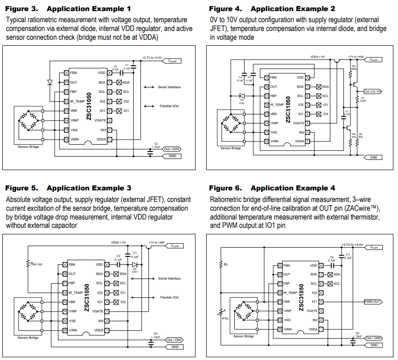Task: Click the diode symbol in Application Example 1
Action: tap(50, 82)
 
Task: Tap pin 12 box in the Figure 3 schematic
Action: tap(67, 101)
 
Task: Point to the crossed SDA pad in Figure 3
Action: tap(119, 82)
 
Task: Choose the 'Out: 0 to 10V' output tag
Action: tap(373, 92)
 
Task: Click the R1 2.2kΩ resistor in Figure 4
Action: tap(356, 99)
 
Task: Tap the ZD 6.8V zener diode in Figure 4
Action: tap(241, 96)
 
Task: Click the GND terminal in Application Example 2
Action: tap(373, 157)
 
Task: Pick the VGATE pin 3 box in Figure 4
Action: tap(307, 123)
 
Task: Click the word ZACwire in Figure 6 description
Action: tap(365, 208)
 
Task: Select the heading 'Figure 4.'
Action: tap(226, 8)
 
